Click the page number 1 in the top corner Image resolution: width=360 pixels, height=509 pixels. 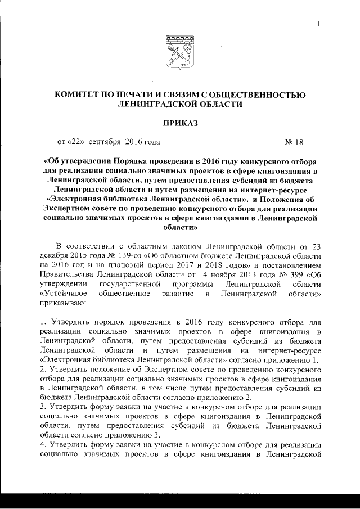coord(318,24)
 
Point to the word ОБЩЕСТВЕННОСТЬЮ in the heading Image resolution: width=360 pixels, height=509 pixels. coord(260,94)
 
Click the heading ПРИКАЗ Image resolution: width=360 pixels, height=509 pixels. coord(180,122)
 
